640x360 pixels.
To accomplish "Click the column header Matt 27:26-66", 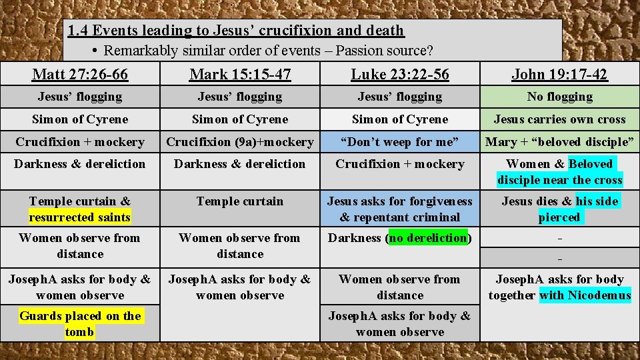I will pos(80,74).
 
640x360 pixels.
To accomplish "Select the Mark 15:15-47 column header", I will pos(240,74).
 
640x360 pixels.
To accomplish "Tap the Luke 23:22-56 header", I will pos(400,74).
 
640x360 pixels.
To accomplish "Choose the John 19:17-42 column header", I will pos(559,74).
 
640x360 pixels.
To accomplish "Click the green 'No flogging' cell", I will pos(559,97).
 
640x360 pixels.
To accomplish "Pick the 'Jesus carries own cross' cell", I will pos(559,119).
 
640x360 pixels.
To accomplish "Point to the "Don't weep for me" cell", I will pos(400,141).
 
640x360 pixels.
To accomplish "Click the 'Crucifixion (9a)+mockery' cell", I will pos(240,141).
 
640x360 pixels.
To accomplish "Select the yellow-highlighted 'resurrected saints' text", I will pos(80,217).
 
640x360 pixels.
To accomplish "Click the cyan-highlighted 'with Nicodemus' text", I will pos(585,295).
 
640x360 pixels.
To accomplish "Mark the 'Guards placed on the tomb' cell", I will pos(80,324).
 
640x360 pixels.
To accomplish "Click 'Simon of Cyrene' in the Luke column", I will pos(400,119).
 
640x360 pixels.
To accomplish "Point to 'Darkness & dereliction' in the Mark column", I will pos(240,164).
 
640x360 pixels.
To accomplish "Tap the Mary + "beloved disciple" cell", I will pos(559,141).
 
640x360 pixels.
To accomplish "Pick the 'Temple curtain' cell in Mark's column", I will pos(240,201).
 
